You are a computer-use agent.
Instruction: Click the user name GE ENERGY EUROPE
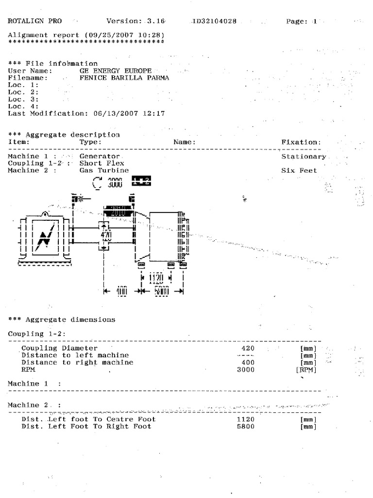[116, 71]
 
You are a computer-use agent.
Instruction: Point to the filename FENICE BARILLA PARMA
[124, 77]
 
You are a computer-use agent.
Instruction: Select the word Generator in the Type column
[100, 157]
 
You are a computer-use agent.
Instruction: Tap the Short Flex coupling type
[102, 163]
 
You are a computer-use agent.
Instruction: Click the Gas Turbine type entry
[104, 170]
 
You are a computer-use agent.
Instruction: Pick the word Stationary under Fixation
[304, 157]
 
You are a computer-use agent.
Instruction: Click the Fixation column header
[301, 142]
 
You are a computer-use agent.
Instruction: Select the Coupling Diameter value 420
[248, 348]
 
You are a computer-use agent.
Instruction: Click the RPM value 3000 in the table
[245, 369]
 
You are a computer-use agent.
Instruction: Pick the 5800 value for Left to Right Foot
[245, 426]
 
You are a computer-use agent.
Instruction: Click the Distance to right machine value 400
[248, 362]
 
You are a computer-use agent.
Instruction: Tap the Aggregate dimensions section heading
[62, 320]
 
